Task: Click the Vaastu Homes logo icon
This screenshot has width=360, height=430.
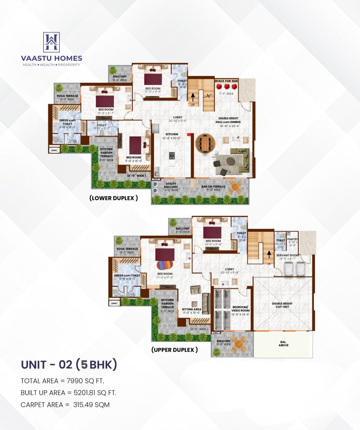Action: click(51, 42)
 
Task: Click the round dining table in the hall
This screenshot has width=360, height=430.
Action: click(205, 143)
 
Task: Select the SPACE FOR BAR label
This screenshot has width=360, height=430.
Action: click(226, 81)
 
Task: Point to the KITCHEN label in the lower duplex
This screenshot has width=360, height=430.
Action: click(171, 134)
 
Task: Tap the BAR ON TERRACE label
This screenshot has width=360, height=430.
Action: click(213, 186)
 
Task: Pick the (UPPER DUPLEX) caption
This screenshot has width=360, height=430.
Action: click(174, 349)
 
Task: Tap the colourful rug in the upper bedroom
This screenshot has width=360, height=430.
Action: click(162, 265)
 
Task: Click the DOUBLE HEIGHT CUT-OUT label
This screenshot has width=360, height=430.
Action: click(282, 305)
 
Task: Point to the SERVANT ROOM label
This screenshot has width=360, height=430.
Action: click(287, 255)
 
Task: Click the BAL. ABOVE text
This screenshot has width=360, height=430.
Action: click(284, 344)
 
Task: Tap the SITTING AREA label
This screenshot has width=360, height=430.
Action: click(192, 309)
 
